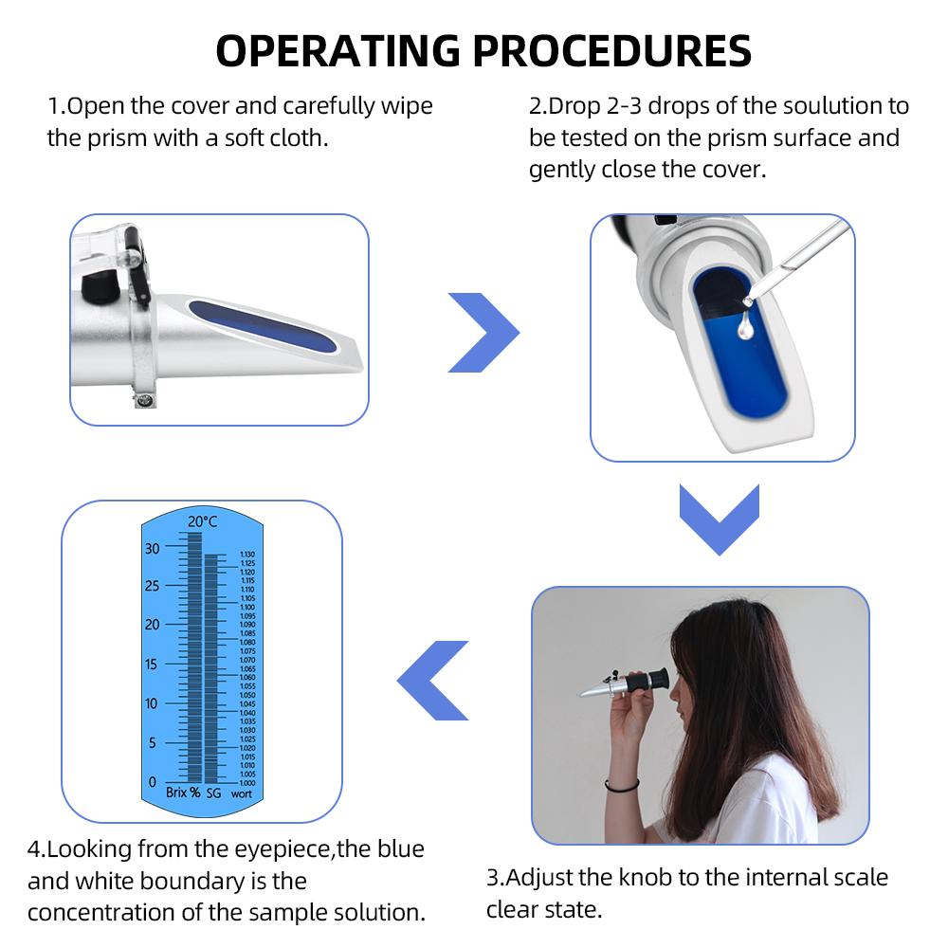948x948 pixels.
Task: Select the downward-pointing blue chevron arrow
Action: point(720,519)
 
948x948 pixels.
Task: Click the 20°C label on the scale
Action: point(202,521)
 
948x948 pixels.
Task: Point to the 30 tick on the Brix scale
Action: point(153,548)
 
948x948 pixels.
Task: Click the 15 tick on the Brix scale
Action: point(153,665)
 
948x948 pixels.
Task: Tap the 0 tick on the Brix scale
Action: point(153,782)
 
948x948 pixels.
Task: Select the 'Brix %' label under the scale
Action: point(183,793)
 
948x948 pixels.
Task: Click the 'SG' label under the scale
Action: point(213,793)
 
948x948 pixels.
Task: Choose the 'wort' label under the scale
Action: point(242,793)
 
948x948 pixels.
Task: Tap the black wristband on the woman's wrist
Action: point(622,785)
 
